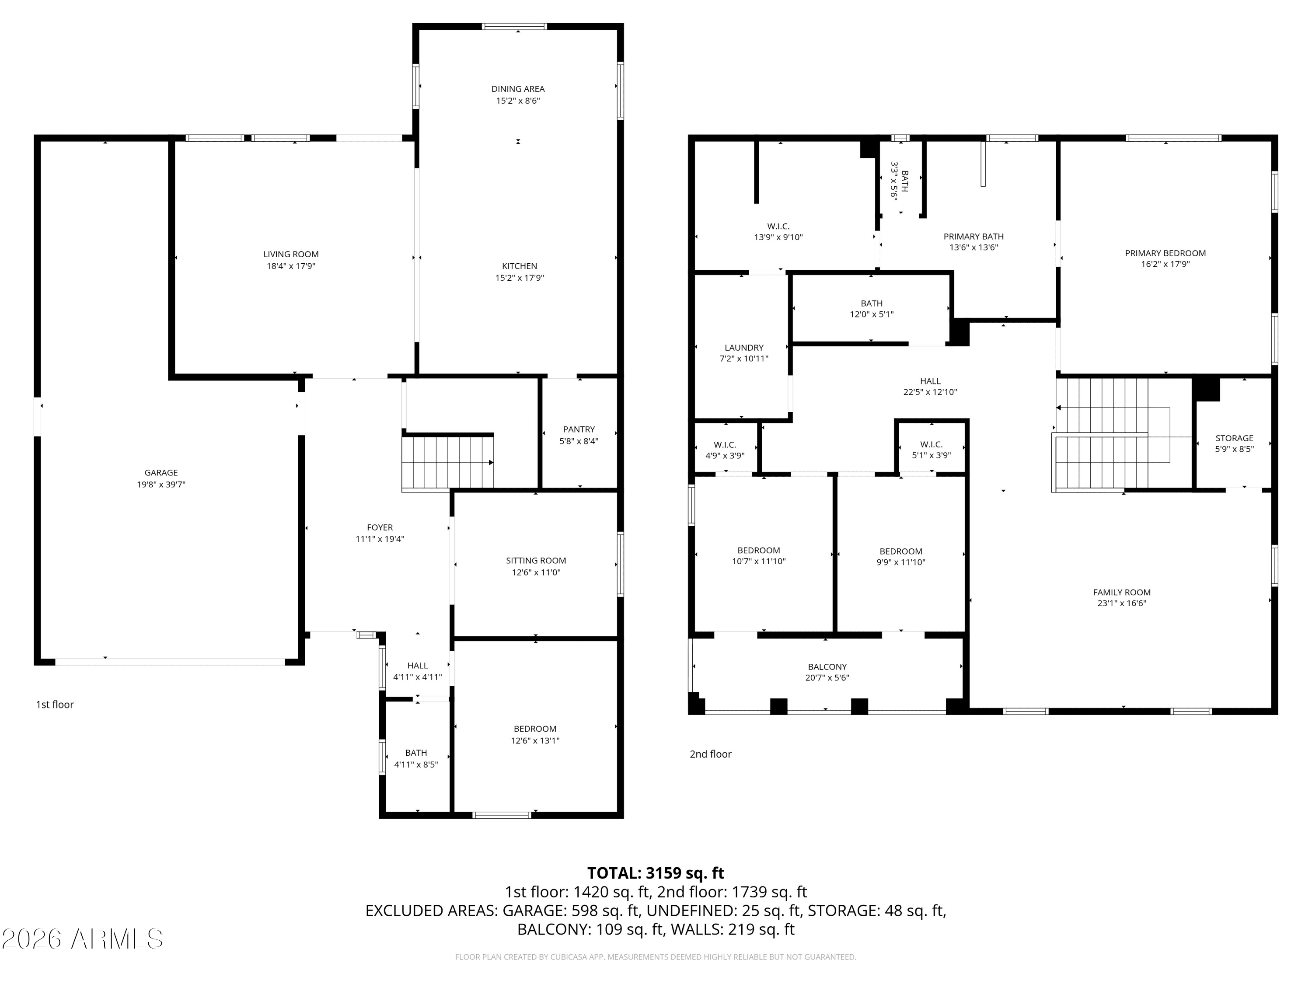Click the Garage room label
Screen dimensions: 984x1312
(161, 473)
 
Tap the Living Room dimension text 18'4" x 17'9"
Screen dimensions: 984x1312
(291, 266)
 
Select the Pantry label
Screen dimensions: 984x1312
(579, 429)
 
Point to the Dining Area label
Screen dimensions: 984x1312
(518, 89)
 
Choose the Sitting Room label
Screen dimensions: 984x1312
(536, 561)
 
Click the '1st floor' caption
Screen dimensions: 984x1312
(55, 705)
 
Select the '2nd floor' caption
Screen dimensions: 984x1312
(710, 754)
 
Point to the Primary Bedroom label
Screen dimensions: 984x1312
(1165, 253)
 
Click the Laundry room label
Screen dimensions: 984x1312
(744, 348)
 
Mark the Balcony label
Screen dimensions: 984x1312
(827, 666)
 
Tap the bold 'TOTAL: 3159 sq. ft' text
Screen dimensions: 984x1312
(656, 873)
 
